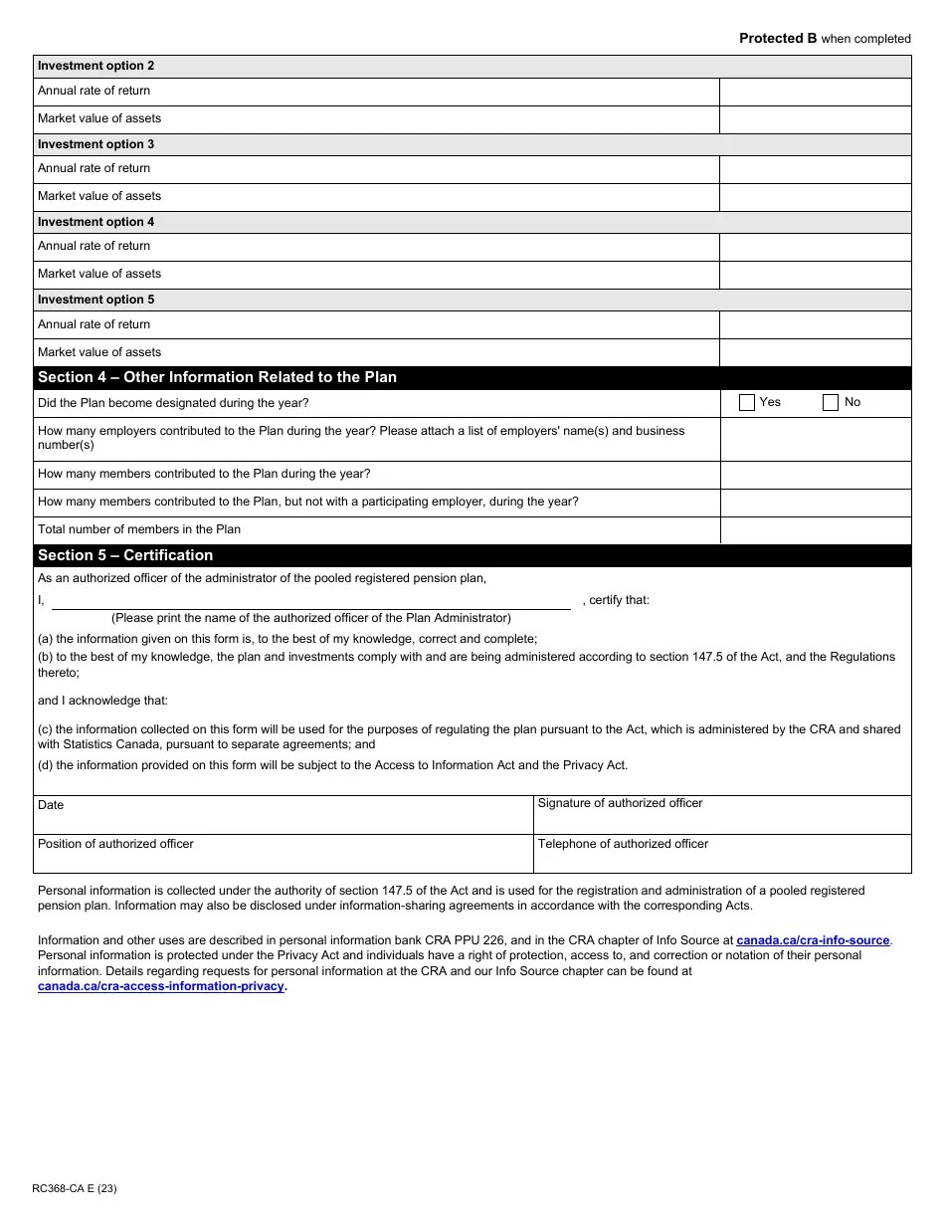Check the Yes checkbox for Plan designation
[x=747, y=403]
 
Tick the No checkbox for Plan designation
[x=831, y=403]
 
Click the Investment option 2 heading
[x=96, y=66]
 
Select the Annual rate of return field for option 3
[x=815, y=169]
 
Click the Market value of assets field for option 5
[x=815, y=352]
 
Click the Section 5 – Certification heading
[x=125, y=555]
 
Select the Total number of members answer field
[x=815, y=529]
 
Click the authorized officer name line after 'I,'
[x=310, y=600]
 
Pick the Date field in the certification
[x=283, y=815]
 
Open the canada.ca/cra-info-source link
[x=813, y=940]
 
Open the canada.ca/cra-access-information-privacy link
[x=161, y=986]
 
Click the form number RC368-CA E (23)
[x=75, y=1188]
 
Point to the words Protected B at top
[x=778, y=39]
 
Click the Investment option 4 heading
[x=96, y=222]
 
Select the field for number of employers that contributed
[x=815, y=439]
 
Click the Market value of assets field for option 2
[x=815, y=119]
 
